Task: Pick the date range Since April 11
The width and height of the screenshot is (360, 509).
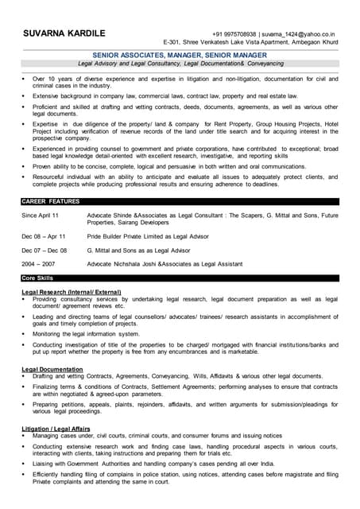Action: (x=40, y=216)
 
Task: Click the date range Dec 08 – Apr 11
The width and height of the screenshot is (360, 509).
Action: (x=44, y=236)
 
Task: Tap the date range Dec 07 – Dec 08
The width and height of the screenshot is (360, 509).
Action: (x=45, y=250)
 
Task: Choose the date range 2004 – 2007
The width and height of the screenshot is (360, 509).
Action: (x=38, y=263)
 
